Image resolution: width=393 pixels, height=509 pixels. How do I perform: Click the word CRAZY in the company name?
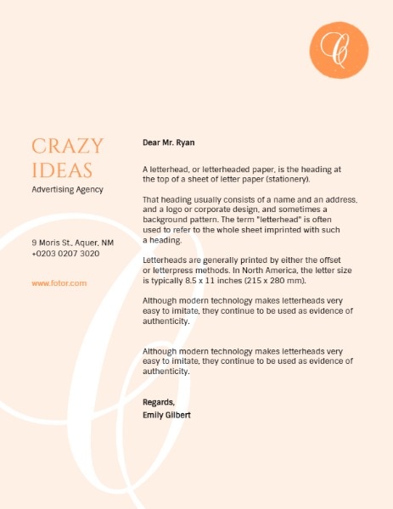(67, 146)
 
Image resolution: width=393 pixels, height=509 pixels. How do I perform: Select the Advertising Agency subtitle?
(67, 189)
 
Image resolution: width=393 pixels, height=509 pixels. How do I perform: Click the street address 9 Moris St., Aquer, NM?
(73, 243)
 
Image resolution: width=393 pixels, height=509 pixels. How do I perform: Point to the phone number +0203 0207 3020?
(65, 254)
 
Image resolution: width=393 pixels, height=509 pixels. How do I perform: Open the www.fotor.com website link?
(59, 282)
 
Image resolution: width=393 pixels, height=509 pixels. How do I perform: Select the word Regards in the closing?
(159, 401)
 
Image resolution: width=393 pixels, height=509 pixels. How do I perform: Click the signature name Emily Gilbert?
(167, 415)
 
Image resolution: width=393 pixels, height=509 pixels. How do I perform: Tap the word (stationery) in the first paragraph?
(287, 180)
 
